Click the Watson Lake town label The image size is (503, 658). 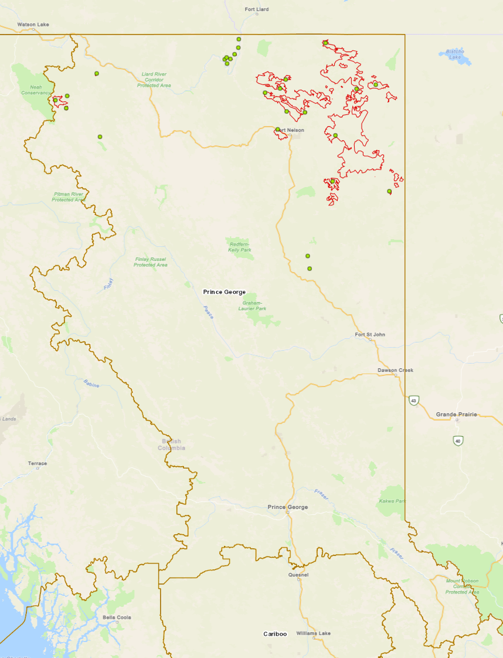coord(33,25)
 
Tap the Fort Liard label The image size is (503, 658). coord(256,9)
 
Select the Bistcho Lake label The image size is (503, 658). coord(455,54)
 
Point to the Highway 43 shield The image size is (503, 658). coord(414,401)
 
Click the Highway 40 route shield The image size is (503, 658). coord(458,440)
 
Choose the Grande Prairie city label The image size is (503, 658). coord(457,415)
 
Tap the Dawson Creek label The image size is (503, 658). coord(395,371)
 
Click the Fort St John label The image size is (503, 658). coord(370,335)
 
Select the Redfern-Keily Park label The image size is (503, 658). coord(239,247)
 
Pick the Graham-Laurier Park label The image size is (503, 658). coord(252,306)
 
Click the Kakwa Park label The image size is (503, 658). coord(392,501)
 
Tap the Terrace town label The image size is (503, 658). coord(37,463)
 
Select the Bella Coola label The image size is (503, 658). coord(117,618)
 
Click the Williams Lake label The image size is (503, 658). coord(313,633)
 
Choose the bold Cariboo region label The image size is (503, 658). coord(275,634)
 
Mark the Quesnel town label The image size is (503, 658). coord(298,575)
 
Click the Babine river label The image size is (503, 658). coord(91,384)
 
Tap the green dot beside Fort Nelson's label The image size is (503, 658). coord(278,130)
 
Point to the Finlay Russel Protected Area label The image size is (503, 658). coord(150,262)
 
